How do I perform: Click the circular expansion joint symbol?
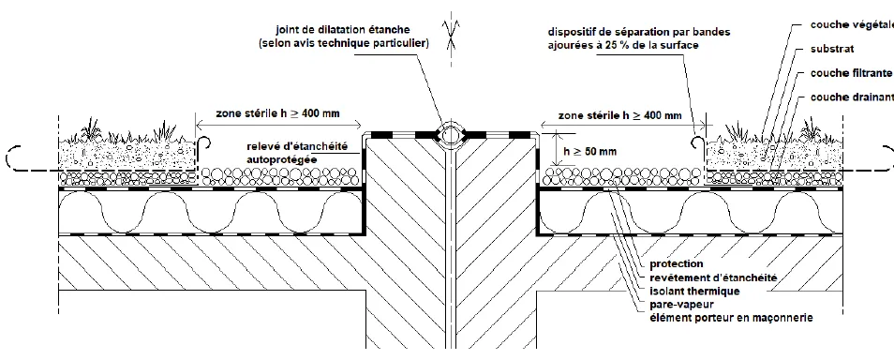[x=451, y=134]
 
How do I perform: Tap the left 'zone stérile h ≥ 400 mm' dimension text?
[x=265, y=114]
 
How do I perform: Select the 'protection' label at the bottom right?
[x=676, y=264]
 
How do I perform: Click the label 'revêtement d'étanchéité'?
[x=709, y=278]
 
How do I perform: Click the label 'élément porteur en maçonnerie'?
[x=730, y=319]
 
